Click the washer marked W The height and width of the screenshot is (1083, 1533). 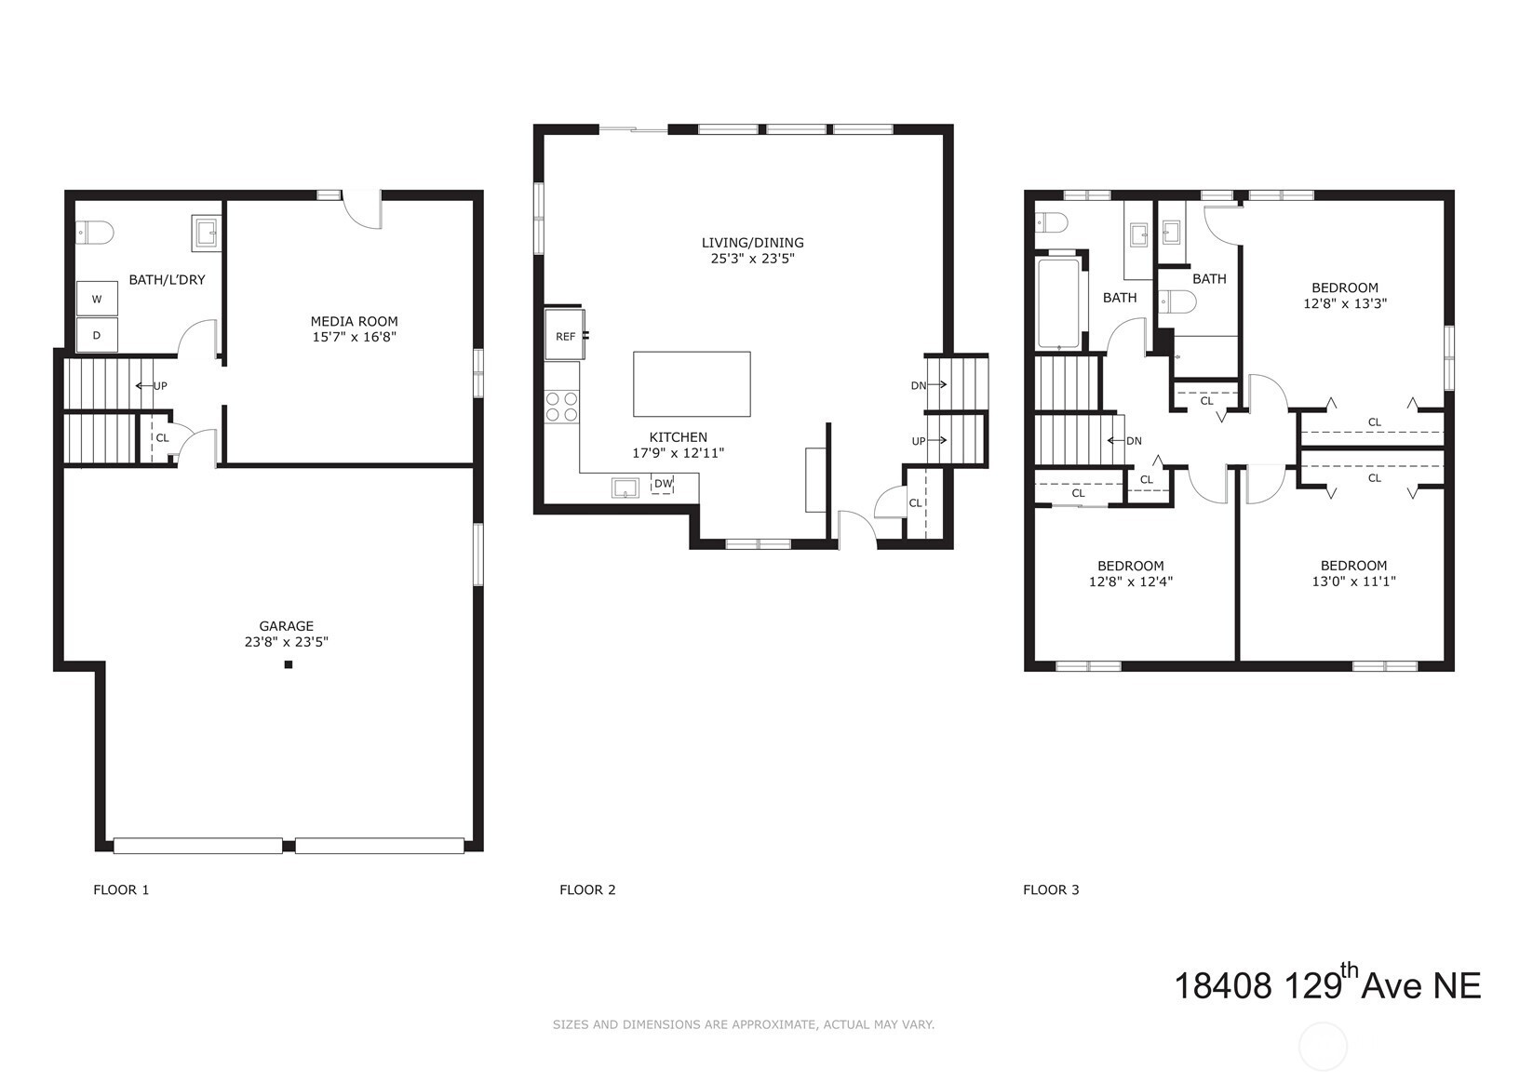97,299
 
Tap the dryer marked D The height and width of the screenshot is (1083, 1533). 97,335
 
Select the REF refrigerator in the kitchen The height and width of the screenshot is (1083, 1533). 565,335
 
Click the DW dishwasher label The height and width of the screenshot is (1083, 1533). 663,484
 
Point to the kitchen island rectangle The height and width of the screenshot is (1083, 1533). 692,384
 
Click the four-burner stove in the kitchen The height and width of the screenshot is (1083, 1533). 562,407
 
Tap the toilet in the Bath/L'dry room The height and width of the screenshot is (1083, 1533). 94,234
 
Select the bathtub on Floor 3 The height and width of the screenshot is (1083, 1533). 1059,303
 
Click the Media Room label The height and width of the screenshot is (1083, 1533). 354,321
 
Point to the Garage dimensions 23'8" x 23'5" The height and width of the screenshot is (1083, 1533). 286,642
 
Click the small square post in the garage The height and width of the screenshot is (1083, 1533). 289,664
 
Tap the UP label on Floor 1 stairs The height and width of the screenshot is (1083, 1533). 160,386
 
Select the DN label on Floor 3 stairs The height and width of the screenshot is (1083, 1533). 1134,441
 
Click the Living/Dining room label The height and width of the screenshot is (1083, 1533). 753,242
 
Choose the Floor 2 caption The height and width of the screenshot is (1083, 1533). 587,889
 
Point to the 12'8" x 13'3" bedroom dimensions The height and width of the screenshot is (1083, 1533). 1345,303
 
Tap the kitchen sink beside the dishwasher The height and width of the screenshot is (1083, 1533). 625,488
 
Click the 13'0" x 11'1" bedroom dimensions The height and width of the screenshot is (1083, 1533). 1353,582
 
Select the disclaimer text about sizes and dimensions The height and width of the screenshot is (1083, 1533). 744,1024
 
